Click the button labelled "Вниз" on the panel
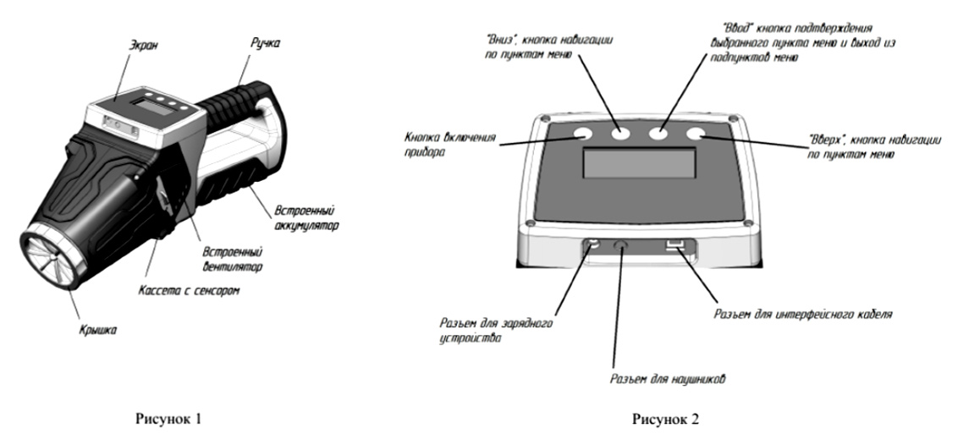point(623,134)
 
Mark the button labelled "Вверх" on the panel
point(696,134)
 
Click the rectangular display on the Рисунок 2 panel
point(640,162)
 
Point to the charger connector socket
point(593,244)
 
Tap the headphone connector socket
point(622,244)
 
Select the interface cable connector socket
point(674,245)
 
